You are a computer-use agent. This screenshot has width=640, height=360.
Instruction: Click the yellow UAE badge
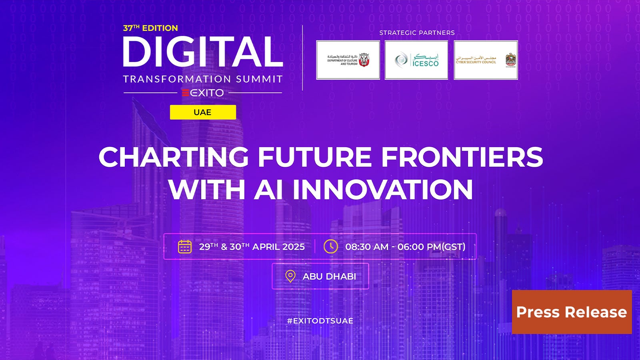click(x=203, y=112)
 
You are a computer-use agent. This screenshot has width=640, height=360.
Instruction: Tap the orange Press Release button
click(x=572, y=312)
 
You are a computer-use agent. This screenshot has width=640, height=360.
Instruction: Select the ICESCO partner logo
click(x=416, y=60)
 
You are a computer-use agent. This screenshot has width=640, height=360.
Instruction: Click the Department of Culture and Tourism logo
click(x=348, y=60)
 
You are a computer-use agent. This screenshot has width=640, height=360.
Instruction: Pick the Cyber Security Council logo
click(x=486, y=60)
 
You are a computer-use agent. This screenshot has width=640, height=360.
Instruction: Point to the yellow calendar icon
click(x=185, y=246)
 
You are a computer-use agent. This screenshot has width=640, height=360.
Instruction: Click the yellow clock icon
click(x=331, y=246)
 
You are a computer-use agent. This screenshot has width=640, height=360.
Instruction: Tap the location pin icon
click(x=290, y=276)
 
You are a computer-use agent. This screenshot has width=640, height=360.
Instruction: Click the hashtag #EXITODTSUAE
click(x=320, y=321)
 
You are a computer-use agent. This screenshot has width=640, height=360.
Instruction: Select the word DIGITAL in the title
click(x=203, y=52)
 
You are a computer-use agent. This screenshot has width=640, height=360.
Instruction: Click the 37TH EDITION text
click(x=150, y=28)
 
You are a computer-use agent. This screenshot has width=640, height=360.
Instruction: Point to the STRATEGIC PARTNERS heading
click(x=417, y=33)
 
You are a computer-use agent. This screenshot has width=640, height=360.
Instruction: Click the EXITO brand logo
click(x=203, y=93)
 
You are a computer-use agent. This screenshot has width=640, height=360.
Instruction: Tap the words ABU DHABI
click(x=329, y=276)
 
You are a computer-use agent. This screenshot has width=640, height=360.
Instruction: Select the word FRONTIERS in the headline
click(x=462, y=157)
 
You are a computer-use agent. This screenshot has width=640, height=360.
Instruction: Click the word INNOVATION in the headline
click(x=383, y=189)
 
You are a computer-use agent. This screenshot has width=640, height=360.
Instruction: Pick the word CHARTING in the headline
click(x=174, y=157)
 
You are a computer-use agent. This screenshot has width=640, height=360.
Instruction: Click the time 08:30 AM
click(x=367, y=247)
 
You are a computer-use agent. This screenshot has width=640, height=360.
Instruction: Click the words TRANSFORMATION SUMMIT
click(x=203, y=79)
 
